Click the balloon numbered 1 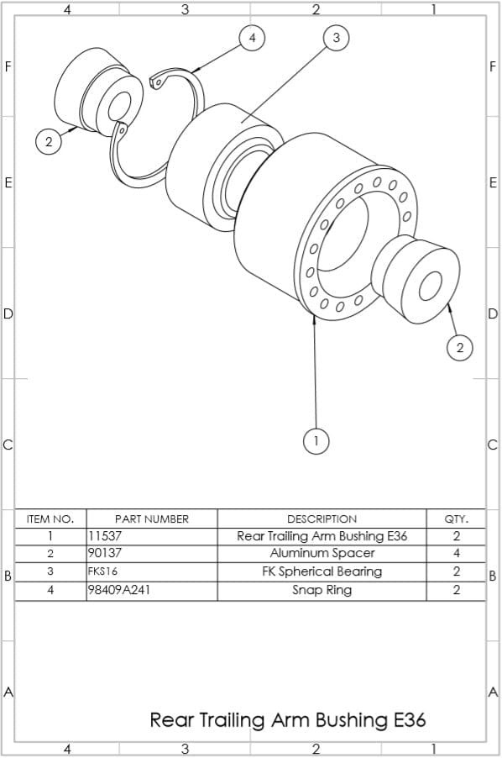pos(316,440)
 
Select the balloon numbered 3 pos(337,38)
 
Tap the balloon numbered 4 pos(252,38)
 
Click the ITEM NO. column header pos(50,518)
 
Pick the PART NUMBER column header pos(151,518)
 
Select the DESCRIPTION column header pos(322,518)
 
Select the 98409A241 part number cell pos(111,590)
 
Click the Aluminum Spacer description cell pos(322,554)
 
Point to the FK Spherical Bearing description pos(322,571)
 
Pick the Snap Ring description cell pos(322,590)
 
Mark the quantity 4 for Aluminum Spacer pos(456,554)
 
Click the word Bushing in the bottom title pos(352,720)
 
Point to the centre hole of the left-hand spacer pos(115,103)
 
